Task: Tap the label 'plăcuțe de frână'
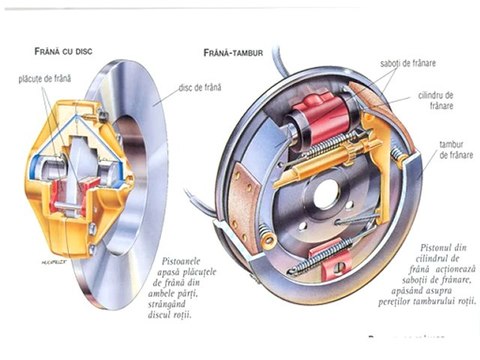click(x=44, y=77)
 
